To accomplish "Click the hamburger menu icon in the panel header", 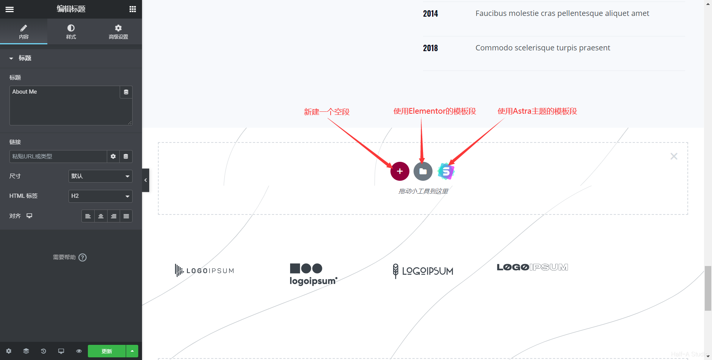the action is pyautogui.click(x=9, y=9).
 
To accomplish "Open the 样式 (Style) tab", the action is pyautogui.click(x=71, y=31).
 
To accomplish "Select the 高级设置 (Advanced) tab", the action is pyautogui.click(x=118, y=31).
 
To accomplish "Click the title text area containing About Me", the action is pyautogui.click(x=64, y=105).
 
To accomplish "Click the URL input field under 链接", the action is pyautogui.click(x=58, y=156).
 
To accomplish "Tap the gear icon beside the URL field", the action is pyautogui.click(x=113, y=156).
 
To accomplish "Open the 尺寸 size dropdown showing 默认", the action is pyautogui.click(x=100, y=176).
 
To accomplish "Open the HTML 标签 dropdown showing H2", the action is pyautogui.click(x=100, y=196).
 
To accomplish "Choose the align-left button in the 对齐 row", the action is pyautogui.click(x=88, y=216).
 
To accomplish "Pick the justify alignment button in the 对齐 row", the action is pyautogui.click(x=126, y=216).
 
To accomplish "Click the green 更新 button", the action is pyautogui.click(x=107, y=351).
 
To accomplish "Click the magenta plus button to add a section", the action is pyautogui.click(x=400, y=171).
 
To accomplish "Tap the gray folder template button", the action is pyautogui.click(x=423, y=171).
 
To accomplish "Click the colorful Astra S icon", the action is pyautogui.click(x=446, y=171).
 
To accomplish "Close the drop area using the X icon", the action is pyautogui.click(x=674, y=156).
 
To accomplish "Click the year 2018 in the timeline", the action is pyautogui.click(x=430, y=48).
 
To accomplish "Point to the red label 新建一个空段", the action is pyautogui.click(x=326, y=112).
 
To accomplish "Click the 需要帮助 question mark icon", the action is pyautogui.click(x=83, y=257).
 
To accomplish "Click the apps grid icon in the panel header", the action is pyautogui.click(x=133, y=9).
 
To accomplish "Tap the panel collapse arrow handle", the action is pyautogui.click(x=145, y=180).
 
